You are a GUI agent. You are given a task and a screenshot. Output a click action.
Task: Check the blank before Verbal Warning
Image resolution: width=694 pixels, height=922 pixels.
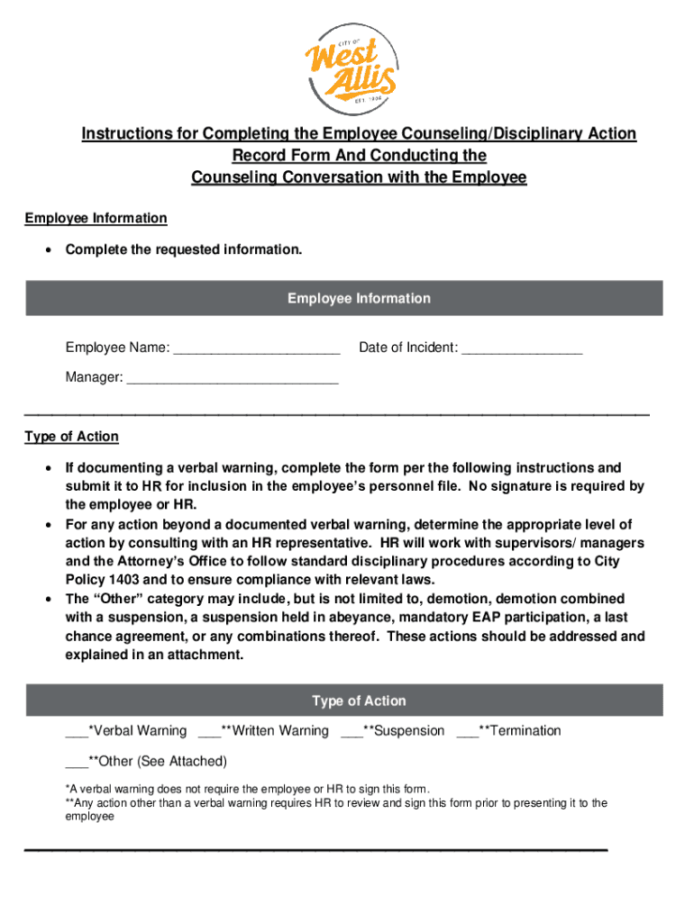point(76,732)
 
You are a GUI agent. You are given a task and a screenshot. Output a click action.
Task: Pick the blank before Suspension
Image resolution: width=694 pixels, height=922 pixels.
point(352,732)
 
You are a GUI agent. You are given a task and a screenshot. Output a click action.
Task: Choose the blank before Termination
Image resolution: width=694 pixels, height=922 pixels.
point(467,732)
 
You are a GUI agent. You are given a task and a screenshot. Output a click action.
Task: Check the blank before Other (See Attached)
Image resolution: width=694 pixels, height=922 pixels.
point(76,763)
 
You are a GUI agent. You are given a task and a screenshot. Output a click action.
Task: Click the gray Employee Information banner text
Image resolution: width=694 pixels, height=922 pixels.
point(359,298)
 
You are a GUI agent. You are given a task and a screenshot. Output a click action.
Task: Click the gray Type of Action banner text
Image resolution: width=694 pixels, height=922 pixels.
point(359,701)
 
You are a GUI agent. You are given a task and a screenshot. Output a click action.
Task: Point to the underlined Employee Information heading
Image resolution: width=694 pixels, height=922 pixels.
point(96,218)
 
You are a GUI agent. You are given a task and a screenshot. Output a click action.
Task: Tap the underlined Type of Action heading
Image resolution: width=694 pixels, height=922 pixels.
point(71,437)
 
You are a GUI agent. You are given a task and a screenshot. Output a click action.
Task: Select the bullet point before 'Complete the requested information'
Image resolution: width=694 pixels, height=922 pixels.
point(47,250)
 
